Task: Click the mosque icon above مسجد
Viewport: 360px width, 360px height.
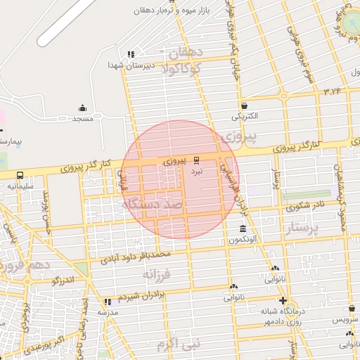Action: pos(83,108)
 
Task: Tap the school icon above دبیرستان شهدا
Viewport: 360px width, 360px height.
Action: pos(131,54)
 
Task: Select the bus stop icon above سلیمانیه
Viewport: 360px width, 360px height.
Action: pos(19,175)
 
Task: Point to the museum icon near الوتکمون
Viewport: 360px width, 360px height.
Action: pos(243,229)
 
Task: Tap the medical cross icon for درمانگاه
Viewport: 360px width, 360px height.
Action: pos(282,300)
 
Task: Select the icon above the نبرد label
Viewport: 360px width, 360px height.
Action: pos(197,160)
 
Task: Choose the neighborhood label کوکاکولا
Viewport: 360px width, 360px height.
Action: pos(182,68)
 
